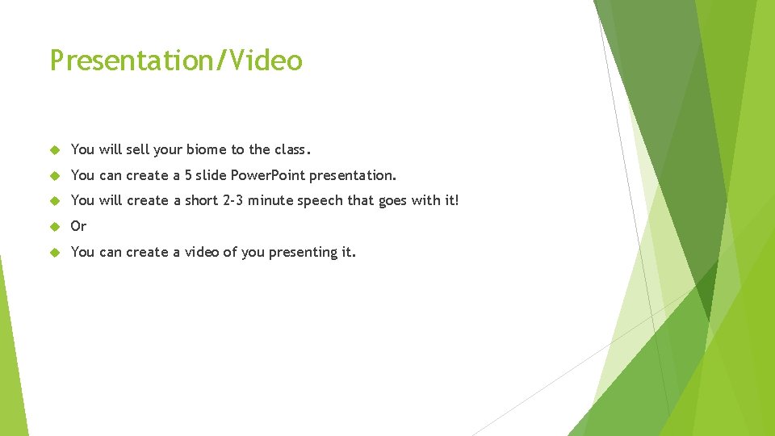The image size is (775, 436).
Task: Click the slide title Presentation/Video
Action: [x=176, y=61]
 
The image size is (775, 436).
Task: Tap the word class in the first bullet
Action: [x=291, y=149]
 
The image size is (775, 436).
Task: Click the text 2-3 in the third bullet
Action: [x=232, y=200]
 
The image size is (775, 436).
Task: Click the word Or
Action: [x=78, y=226]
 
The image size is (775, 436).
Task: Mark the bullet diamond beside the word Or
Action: [x=56, y=226]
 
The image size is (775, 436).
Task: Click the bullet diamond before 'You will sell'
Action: [x=56, y=149]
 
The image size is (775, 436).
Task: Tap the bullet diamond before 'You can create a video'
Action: [x=56, y=252]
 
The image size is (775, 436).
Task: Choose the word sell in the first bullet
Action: [x=138, y=149]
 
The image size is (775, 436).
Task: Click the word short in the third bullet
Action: [x=201, y=200]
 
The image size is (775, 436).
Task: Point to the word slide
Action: [x=212, y=175]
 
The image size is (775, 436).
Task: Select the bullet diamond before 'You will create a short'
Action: [x=56, y=200]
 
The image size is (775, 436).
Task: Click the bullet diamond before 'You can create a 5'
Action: [x=56, y=175]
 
